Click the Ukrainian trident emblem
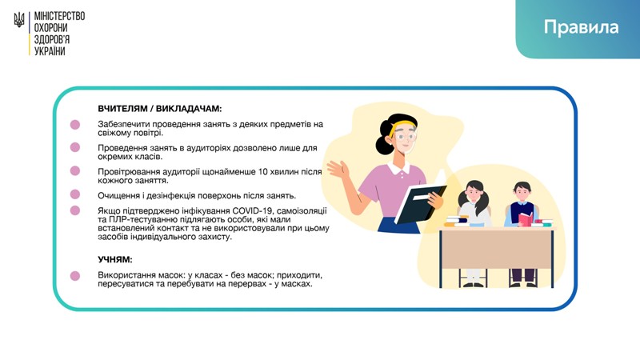[x=19, y=19]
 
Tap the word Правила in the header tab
[x=581, y=27]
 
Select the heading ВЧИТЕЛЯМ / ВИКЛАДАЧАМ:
[x=159, y=109]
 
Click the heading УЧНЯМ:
[x=115, y=259]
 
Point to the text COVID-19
[x=253, y=210]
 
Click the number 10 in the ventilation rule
[x=263, y=171]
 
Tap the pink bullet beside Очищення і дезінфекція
[x=75, y=194]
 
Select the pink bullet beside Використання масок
[x=75, y=276]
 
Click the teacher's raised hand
[x=338, y=169]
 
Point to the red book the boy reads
[x=526, y=218]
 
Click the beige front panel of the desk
[x=496, y=249]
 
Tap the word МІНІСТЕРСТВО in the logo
[x=59, y=16]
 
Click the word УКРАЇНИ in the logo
[x=50, y=51]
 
